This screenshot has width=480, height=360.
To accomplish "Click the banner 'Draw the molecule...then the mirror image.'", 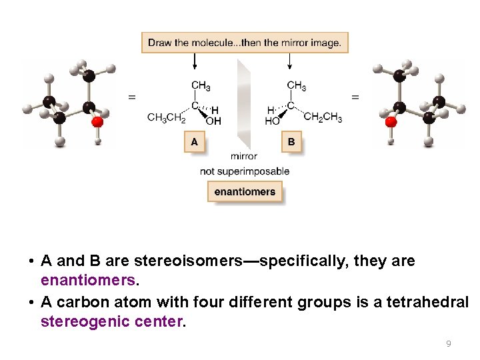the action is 245,43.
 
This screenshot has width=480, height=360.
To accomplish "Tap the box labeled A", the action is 194,142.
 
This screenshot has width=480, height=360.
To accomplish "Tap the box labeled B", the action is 291,142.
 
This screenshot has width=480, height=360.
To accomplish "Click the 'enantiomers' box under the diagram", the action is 245,192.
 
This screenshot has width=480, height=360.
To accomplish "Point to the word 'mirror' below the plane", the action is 244,157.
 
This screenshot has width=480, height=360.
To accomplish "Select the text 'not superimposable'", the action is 245,171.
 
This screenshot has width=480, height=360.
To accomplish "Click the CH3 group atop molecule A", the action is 201,85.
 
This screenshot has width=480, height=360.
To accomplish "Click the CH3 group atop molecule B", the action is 297,85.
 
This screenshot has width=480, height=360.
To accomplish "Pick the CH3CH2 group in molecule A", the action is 166,118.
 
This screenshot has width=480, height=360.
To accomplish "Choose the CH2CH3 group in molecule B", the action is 323,118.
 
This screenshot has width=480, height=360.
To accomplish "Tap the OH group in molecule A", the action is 213,121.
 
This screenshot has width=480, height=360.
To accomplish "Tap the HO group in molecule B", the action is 272,121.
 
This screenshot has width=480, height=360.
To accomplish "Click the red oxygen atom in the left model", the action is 97,121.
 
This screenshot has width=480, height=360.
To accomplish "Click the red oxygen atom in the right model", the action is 391,121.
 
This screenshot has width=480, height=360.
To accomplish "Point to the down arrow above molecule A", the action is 195,62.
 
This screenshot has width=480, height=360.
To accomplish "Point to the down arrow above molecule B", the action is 290,62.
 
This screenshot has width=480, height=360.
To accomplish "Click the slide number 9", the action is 448,344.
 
